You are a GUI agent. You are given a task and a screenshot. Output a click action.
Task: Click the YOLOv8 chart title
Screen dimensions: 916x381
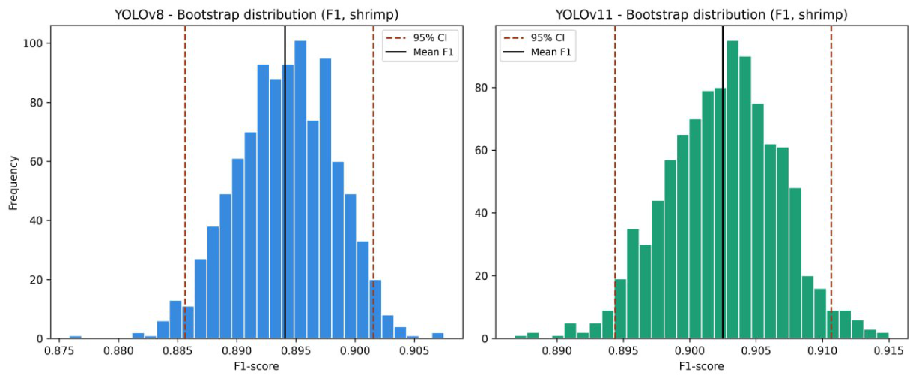[x=256, y=15]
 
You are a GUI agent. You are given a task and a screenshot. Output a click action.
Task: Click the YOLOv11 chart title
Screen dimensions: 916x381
[x=701, y=15]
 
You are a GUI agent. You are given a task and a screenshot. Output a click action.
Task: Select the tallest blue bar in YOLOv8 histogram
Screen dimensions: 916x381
[x=300, y=190]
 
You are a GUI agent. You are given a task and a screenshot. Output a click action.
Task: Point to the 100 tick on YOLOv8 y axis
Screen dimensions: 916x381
[x=33, y=43]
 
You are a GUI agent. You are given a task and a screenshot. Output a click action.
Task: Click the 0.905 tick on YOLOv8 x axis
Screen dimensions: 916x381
[x=413, y=351]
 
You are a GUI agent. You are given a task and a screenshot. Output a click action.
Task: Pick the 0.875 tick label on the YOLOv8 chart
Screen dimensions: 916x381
[x=59, y=351]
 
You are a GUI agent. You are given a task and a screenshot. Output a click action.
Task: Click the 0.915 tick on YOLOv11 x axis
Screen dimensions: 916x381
[x=888, y=351]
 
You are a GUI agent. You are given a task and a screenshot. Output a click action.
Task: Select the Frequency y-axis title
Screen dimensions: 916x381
[x=13, y=183]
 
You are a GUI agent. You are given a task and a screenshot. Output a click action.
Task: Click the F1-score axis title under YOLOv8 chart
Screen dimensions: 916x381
[x=256, y=366]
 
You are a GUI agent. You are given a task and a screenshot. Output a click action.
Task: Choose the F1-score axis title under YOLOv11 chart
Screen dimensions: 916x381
[x=701, y=366]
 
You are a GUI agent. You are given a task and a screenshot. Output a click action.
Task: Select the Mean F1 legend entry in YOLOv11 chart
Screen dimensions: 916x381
[x=536, y=52]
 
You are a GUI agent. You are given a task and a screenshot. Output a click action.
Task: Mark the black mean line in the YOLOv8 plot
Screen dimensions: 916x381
[x=285, y=182]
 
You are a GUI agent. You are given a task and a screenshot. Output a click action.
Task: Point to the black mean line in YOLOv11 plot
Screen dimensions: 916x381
[x=723, y=182]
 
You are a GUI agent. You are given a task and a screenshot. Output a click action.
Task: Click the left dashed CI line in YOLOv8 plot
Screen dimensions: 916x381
[x=185, y=182]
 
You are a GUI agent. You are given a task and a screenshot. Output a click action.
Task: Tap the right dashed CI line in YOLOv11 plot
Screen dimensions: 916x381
[x=831, y=182]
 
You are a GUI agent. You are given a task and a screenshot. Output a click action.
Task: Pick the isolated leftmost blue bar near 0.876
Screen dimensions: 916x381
[x=75, y=337]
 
